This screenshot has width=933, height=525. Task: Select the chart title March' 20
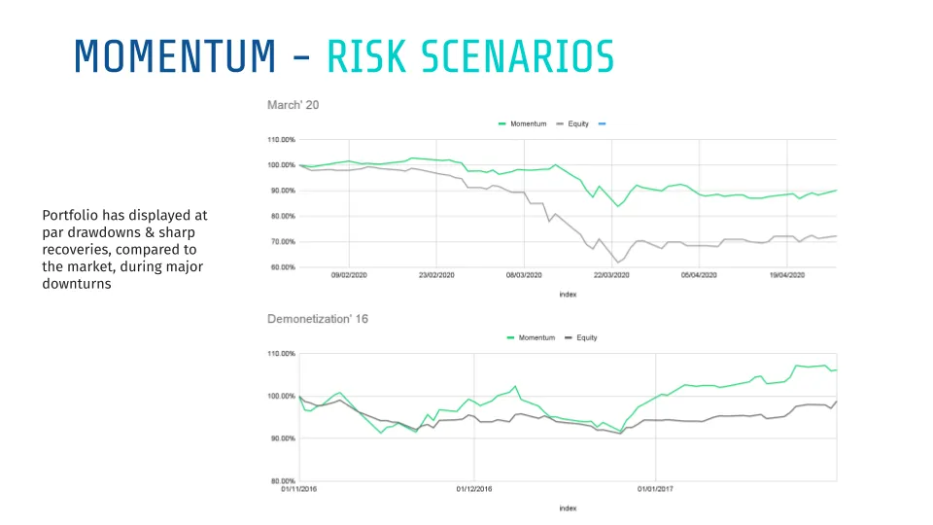(293, 104)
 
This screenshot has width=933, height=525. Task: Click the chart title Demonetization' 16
(317, 319)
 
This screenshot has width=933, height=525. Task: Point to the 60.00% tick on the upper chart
(281, 267)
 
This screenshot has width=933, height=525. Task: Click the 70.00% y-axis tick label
(281, 242)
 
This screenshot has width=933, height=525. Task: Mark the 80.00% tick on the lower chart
(281, 481)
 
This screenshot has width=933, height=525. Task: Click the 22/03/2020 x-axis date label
(612, 275)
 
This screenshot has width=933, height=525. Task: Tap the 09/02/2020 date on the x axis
(347, 275)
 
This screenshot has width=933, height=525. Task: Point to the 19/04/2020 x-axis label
(789, 275)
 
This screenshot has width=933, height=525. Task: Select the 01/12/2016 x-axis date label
(473, 489)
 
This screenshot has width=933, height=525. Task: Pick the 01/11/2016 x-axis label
(299, 489)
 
